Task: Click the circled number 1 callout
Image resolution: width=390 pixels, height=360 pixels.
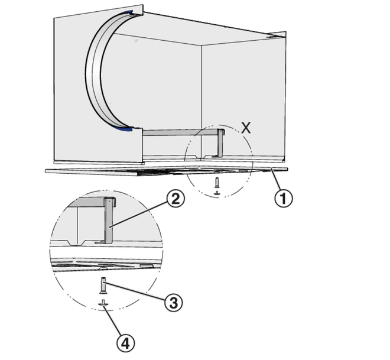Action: pyautogui.click(x=284, y=198)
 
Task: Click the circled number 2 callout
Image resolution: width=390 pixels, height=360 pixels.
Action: pyautogui.click(x=175, y=199)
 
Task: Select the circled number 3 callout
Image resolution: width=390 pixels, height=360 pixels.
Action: pyautogui.click(x=173, y=303)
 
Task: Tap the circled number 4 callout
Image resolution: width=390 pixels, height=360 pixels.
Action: pyautogui.click(x=126, y=343)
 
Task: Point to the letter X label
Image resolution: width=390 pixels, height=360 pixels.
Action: pyautogui.click(x=246, y=128)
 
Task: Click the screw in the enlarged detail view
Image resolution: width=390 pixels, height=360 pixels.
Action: pyautogui.click(x=103, y=285)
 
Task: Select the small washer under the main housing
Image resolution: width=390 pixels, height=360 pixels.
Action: pyautogui.click(x=217, y=192)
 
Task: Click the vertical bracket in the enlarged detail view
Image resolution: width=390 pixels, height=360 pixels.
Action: pyautogui.click(x=109, y=220)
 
